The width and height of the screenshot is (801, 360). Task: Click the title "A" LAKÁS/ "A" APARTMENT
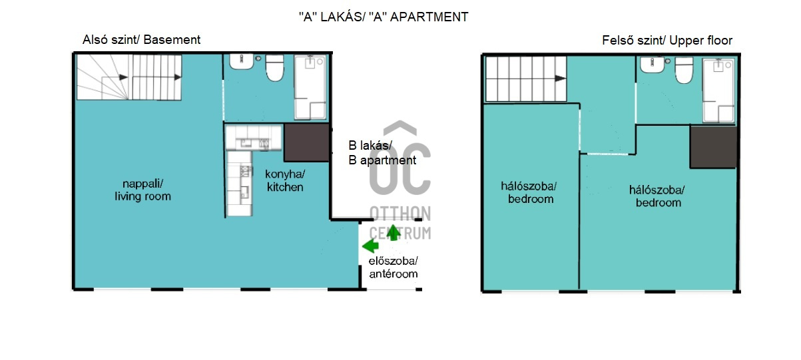click(384, 17)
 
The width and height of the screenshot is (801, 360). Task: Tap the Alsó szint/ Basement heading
click(142, 40)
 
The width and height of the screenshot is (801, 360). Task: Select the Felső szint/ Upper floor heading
click(667, 41)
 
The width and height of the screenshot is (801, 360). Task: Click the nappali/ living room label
click(142, 190)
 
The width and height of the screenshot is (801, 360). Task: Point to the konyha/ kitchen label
click(285, 180)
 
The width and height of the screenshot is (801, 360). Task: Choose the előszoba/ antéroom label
click(394, 268)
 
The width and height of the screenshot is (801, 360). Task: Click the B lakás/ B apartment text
click(382, 153)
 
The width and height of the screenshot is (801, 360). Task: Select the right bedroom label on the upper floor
click(657, 196)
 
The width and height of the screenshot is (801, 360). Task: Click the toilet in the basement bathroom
click(274, 68)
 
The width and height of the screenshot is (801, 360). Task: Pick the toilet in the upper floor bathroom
click(684, 70)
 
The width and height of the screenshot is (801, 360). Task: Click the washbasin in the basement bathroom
click(242, 62)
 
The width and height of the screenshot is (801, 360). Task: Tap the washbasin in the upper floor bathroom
click(653, 65)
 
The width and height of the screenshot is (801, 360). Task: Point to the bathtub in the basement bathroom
click(310, 87)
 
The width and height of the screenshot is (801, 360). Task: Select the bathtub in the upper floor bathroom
click(718, 90)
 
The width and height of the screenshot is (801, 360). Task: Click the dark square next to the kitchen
click(306, 142)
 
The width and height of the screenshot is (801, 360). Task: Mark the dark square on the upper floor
click(713, 146)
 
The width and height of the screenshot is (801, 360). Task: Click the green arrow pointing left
click(370, 246)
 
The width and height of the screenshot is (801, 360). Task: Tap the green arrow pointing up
click(394, 232)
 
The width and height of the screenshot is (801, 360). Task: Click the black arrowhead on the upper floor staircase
click(561, 79)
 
